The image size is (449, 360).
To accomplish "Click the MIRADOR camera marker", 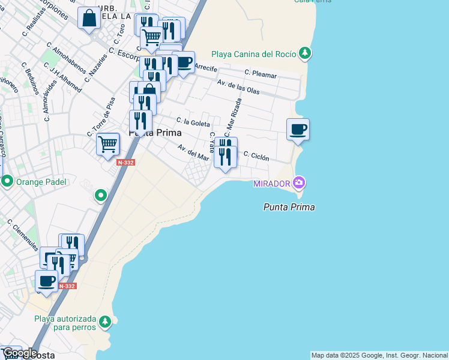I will (x=299, y=183).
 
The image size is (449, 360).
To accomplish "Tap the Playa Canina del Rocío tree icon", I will (x=306, y=53).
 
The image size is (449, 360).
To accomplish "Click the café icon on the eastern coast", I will (x=297, y=129).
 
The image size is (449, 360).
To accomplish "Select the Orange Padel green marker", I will (x=8, y=181).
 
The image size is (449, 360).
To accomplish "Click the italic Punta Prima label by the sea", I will (x=289, y=207).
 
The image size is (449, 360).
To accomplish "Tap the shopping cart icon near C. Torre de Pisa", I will (x=107, y=144).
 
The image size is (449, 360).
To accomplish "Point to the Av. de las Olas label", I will (x=238, y=87).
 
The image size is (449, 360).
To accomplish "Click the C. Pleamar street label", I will (x=261, y=74).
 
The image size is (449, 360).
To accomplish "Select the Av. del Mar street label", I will (x=193, y=152).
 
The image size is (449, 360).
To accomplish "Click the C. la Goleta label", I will (x=193, y=122).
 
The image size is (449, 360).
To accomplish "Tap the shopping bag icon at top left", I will (x=89, y=18).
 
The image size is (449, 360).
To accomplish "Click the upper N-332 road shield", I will (x=125, y=163).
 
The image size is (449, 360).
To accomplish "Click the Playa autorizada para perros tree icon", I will (x=105, y=322).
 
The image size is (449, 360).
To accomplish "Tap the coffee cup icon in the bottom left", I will (x=46, y=281).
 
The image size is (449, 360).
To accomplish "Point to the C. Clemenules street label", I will (x=23, y=235).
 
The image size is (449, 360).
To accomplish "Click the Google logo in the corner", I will (x=19, y=353).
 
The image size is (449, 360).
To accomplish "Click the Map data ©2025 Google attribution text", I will (x=378, y=355).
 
